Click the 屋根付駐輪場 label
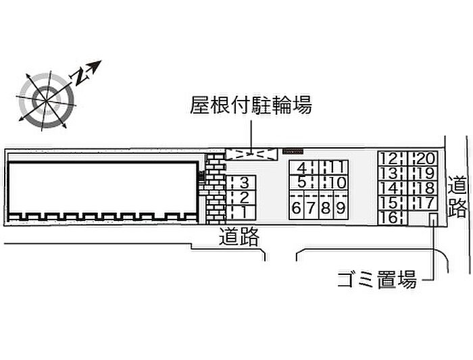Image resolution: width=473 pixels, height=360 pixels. pos(251,105)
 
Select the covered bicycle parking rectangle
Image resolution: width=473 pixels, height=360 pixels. pos(251,154)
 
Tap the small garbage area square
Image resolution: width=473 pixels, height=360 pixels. pos(433,219)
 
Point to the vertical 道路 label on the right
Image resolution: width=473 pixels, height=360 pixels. pos(457,196)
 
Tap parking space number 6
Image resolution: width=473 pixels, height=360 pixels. pos(297,208)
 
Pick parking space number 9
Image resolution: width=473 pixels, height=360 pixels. pos(341,208)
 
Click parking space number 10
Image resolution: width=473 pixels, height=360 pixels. pos(337,182)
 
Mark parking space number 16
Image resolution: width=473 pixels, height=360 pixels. pos(389,217)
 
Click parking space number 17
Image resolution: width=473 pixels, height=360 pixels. pos(425,203)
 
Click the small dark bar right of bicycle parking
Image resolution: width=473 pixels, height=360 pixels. pos(293,150)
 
